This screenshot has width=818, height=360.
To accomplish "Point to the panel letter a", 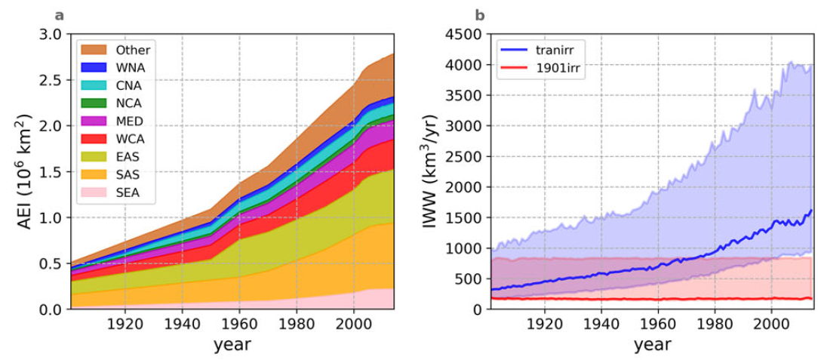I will coord(60,14).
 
